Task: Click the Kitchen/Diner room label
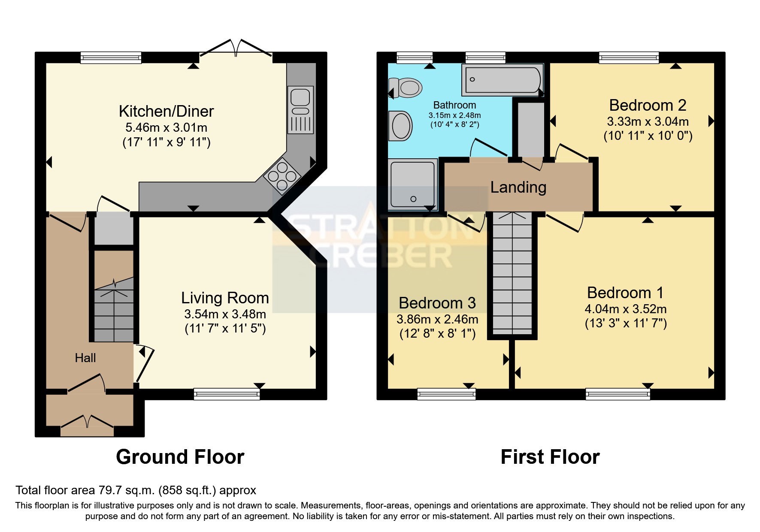click(x=166, y=112)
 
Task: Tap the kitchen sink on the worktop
click(x=300, y=110)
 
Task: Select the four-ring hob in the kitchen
click(x=282, y=176)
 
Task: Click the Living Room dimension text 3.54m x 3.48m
click(x=225, y=314)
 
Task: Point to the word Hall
click(x=85, y=358)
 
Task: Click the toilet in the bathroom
click(x=407, y=88)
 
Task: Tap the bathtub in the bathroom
click(x=502, y=80)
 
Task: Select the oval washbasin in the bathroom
click(x=401, y=126)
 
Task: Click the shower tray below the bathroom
click(x=412, y=184)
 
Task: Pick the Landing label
click(x=518, y=187)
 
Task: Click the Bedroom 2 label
click(x=648, y=105)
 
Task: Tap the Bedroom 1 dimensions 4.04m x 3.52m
click(x=625, y=309)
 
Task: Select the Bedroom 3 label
click(x=437, y=303)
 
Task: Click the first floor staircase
click(x=512, y=275)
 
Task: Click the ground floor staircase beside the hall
click(x=114, y=309)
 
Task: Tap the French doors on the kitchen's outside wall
click(x=236, y=48)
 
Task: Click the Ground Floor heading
click(x=180, y=457)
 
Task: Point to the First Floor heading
click(x=550, y=457)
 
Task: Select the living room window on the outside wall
click(x=227, y=394)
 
